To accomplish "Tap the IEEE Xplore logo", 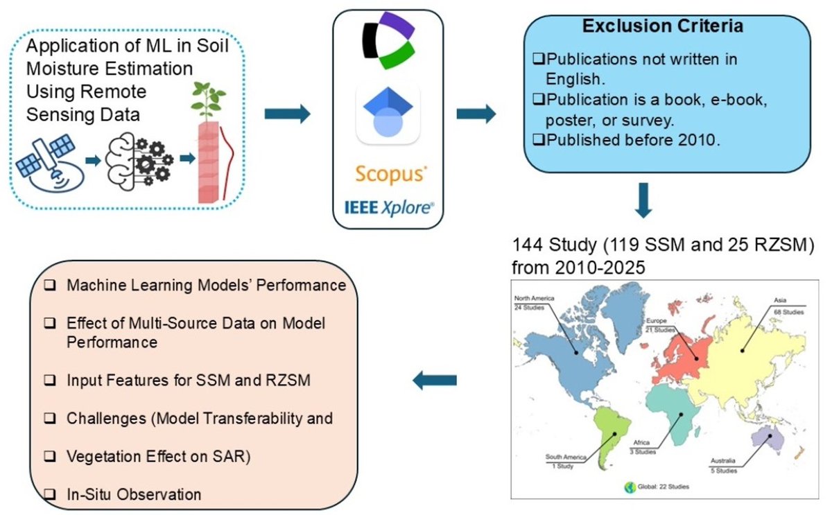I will click(388, 206).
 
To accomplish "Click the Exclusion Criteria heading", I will click(663, 27).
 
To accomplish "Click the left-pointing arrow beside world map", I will click(435, 379).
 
